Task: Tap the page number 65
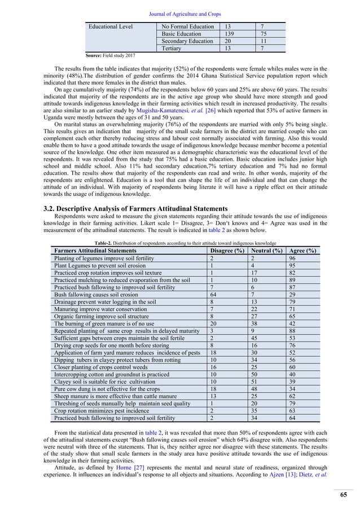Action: coord(344,495)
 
